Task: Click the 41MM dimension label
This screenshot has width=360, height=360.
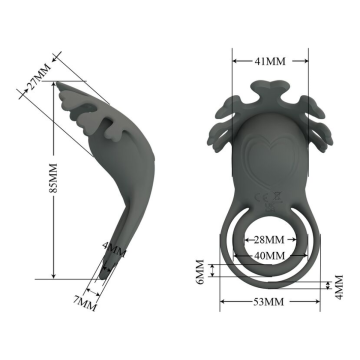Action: point(270,61)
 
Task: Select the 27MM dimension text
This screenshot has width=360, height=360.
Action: point(39,77)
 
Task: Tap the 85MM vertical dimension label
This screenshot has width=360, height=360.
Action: point(53,178)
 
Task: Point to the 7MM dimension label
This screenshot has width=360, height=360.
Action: point(85,303)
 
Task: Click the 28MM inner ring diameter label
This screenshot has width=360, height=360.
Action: point(269,240)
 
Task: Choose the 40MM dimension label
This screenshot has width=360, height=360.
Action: point(269,256)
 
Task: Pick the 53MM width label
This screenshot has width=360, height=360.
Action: point(269,302)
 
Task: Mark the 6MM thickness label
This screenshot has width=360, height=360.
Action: point(200,272)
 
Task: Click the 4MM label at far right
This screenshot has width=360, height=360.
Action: point(339,287)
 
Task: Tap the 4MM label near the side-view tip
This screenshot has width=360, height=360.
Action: point(114,250)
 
